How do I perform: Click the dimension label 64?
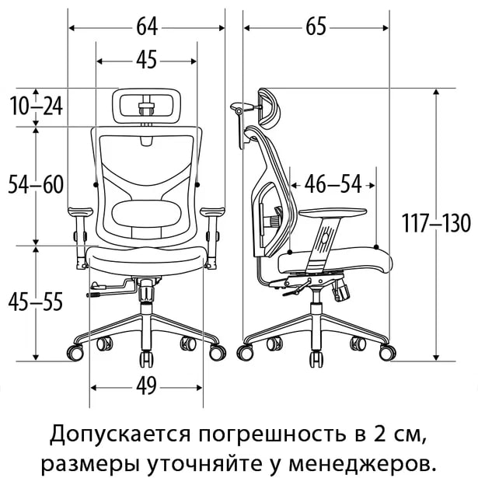pos(147,26)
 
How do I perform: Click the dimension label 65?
pos(316,26)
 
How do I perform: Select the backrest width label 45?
pos(147,60)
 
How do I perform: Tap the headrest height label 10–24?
pos(37,106)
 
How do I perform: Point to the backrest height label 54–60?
pos(36,184)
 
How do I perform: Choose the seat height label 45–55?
pos(35,302)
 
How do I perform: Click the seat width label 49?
pos(146,386)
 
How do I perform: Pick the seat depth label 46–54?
pos(333,184)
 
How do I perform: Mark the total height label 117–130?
pos(436,223)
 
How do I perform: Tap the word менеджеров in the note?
pos(361,464)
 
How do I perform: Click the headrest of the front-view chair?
pos(147,106)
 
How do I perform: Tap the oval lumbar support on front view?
pos(147,213)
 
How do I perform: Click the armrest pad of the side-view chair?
pos(333,212)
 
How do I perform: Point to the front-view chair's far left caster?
pos(75,353)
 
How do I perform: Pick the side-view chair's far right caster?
pos(388,352)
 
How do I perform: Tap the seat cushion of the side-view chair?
pos(335,259)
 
